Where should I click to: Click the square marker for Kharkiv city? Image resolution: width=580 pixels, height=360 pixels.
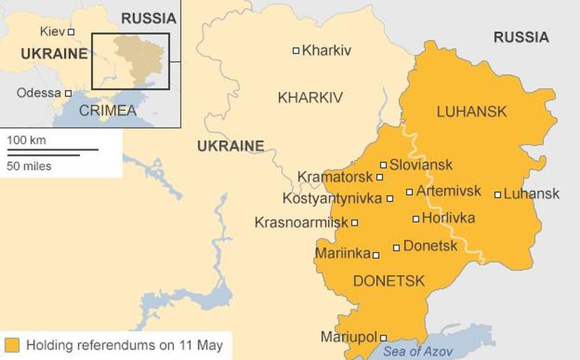pyautogui.click(x=296, y=51)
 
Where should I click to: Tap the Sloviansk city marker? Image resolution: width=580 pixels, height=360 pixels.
pyautogui.click(x=384, y=165)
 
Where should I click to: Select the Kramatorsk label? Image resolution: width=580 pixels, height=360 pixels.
pyautogui.click(x=335, y=177)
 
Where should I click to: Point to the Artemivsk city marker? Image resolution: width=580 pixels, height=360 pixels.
pyautogui.click(x=410, y=192)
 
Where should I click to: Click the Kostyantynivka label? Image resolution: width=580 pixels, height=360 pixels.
pyautogui.click(x=332, y=199)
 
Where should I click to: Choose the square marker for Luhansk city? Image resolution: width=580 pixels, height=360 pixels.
pyautogui.click(x=498, y=195)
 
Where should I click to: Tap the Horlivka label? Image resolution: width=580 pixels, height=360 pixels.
pyautogui.click(x=448, y=218)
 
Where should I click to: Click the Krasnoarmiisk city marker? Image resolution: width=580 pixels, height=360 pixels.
pyautogui.click(x=355, y=223)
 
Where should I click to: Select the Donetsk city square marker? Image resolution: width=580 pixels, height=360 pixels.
pyautogui.click(x=397, y=248)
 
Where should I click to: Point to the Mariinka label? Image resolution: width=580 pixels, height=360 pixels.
pyautogui.click(x=342, y=254)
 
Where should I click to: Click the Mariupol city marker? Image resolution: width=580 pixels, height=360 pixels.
pyautogui.click(x=384, y=338)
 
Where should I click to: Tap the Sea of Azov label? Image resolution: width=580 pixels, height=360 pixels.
pyautogui.click(x=418, y=351)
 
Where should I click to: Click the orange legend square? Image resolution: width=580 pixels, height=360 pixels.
pyautogui.click(x=12, y=346)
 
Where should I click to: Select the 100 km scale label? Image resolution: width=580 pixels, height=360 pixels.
pyautogui.click(x=26, y=140)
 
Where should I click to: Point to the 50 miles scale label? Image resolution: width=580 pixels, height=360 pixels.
pyautogui.click(x=29, y=167)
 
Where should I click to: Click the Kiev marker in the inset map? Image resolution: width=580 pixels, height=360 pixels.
pyautogui.click(x=71, y=32)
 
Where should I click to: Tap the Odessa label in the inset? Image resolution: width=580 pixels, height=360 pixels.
pyautogui.click(x=39, y=93)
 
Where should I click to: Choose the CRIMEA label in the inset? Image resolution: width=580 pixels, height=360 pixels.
pyautogui.click(x=107, y=111)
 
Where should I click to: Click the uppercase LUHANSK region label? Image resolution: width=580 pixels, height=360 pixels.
pyautogui.click(x=471, y=112)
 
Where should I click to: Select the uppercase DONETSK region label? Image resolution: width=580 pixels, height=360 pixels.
pyautogui.click(x=389, y=281)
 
